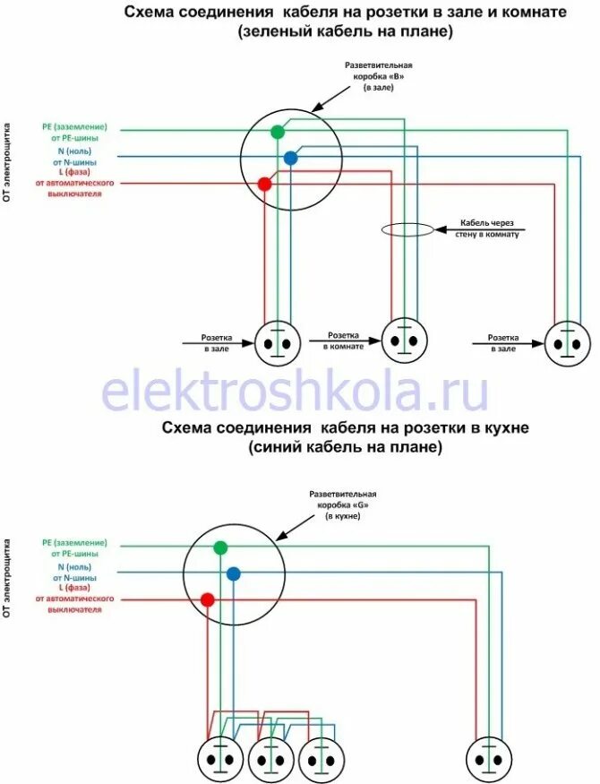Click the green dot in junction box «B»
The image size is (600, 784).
click(278, 132)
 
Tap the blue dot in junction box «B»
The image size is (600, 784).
click(290, 159)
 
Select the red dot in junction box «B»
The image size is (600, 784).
click(264, 184)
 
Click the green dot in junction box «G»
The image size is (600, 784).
click(220, 547)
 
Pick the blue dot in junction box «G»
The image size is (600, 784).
click(233, 573)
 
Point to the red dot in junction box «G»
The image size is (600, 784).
click(207, 599)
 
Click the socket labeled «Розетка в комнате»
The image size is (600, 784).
click(405, 340)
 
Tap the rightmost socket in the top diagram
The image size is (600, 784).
click(569, 341)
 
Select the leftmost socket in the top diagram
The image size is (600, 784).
click(277, 343)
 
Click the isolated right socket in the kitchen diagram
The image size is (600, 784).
click(489, 759)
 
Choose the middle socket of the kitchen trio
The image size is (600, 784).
click(270, 759)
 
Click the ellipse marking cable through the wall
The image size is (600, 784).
click(408, 229)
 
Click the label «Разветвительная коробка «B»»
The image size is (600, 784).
click(379, 76)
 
